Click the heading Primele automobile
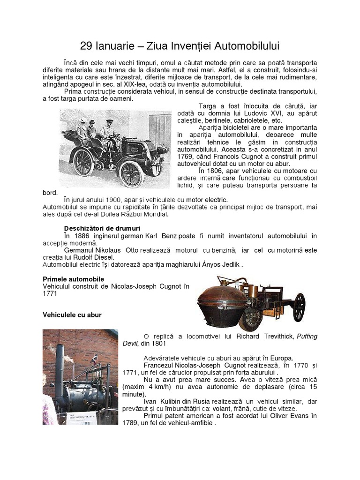click(x=73, y=279)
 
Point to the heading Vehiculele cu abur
click(x=72, y=315)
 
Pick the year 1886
click(x=85, y=235)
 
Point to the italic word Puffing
click(x=304, y=336)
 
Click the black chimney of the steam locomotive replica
click(x=60, y=363)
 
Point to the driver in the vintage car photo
click(x=108, y=129)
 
